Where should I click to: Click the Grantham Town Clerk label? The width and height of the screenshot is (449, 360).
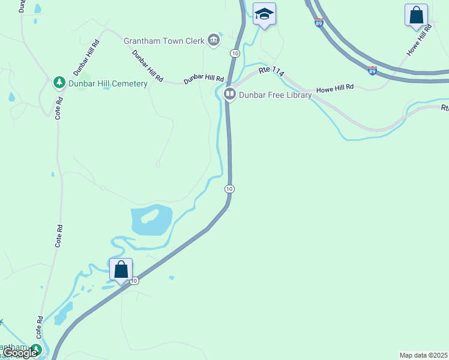click(164, 41)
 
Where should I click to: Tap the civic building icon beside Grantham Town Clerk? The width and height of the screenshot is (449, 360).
click(213, 41)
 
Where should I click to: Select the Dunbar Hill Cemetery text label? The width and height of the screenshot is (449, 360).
click(108, 83)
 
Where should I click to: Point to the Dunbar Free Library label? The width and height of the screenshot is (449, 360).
click(276, 95)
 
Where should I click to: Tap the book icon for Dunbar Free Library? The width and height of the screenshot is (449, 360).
click(229, 94)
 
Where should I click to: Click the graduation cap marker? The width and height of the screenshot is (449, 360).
click(264, 14)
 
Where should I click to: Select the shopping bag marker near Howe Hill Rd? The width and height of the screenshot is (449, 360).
click(416, 15)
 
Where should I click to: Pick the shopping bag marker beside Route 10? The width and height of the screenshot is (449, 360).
click(121, 269)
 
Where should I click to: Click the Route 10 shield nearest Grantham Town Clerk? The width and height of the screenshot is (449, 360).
click(234, 53)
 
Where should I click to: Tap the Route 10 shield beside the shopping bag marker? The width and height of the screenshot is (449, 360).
click(134, 280)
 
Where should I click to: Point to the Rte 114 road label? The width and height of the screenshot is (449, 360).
click(271, 71)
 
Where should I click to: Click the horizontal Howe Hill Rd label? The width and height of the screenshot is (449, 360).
click(335, 88)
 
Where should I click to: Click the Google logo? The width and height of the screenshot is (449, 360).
click(20, 353)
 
